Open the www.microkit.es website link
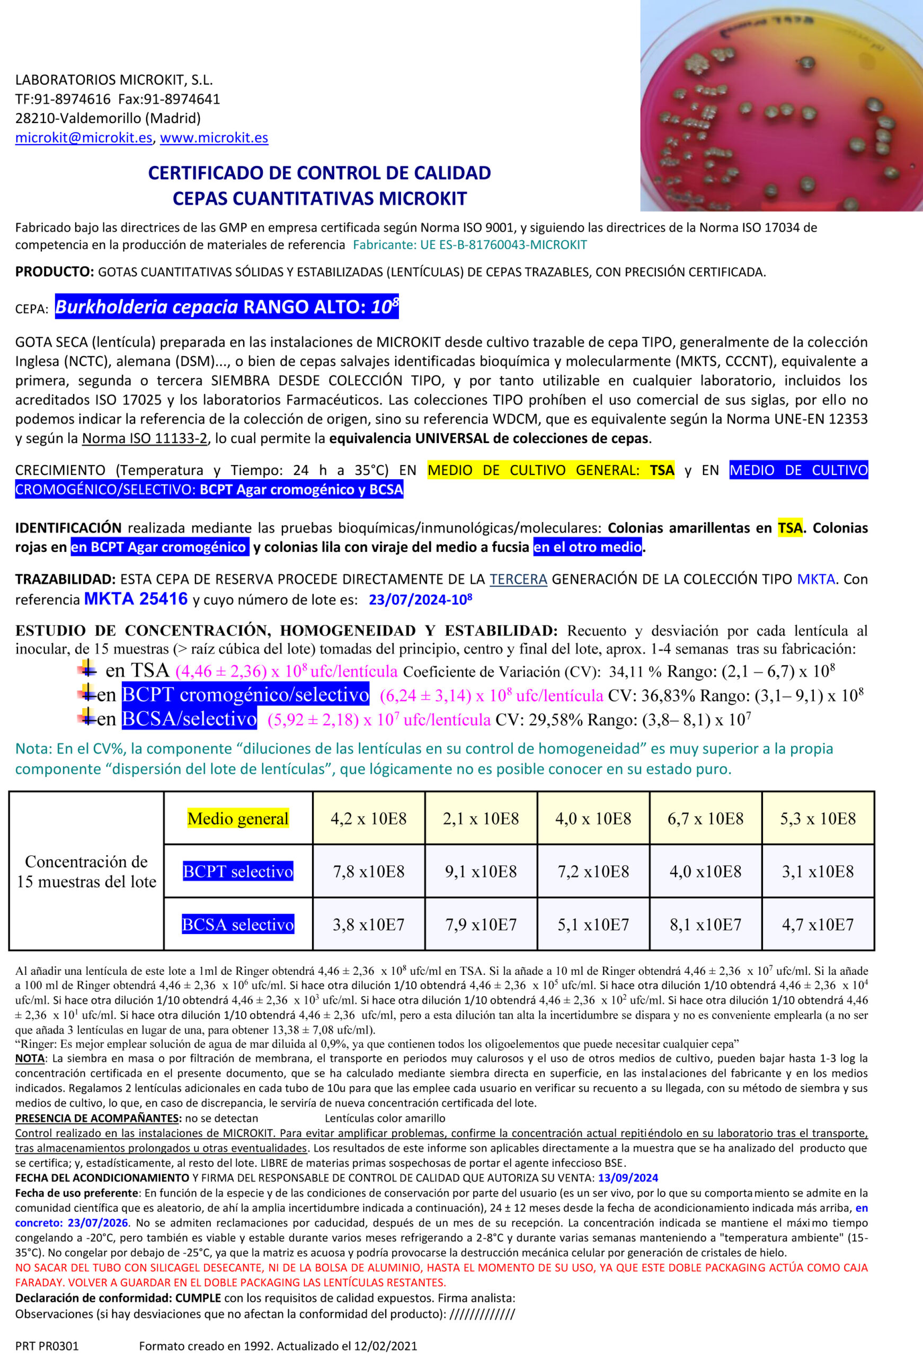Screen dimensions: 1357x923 (214, 138)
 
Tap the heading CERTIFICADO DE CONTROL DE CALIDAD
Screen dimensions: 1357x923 (319, 173)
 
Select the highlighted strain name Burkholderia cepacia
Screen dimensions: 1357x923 (147, 306)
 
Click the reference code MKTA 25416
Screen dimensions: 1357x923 (136, 598)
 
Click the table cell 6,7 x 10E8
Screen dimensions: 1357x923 (705, 818)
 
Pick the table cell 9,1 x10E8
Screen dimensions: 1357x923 (481, 871)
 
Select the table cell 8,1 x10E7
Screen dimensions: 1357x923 (705, 924)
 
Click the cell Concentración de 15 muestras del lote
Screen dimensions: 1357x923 (86, 871)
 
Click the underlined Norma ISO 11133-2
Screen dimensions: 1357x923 (144, 438)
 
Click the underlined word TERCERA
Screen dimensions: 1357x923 (518, 579)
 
